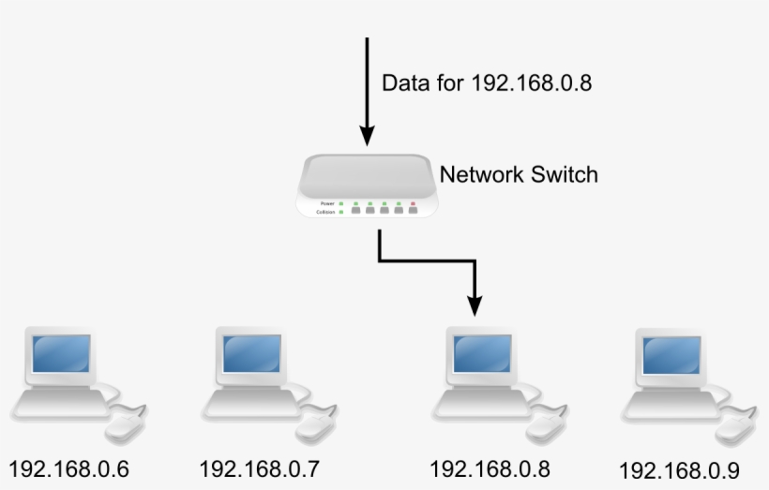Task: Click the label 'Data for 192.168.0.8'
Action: pos(486,82)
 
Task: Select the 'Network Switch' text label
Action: pos(518,174)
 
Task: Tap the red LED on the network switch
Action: pos(413,202)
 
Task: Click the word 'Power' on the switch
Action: pos(327,202)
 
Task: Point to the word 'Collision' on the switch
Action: pos(324,213)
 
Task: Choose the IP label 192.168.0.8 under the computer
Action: pos(490,468)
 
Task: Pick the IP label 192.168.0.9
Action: pos(680,469)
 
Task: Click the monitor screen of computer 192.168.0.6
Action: pos(62,353)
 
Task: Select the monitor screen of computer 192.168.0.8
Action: pos(482,353)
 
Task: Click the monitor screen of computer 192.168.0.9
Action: pos(671,354)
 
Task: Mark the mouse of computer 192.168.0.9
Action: pos(732,428)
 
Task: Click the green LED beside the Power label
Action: pos(342,202)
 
